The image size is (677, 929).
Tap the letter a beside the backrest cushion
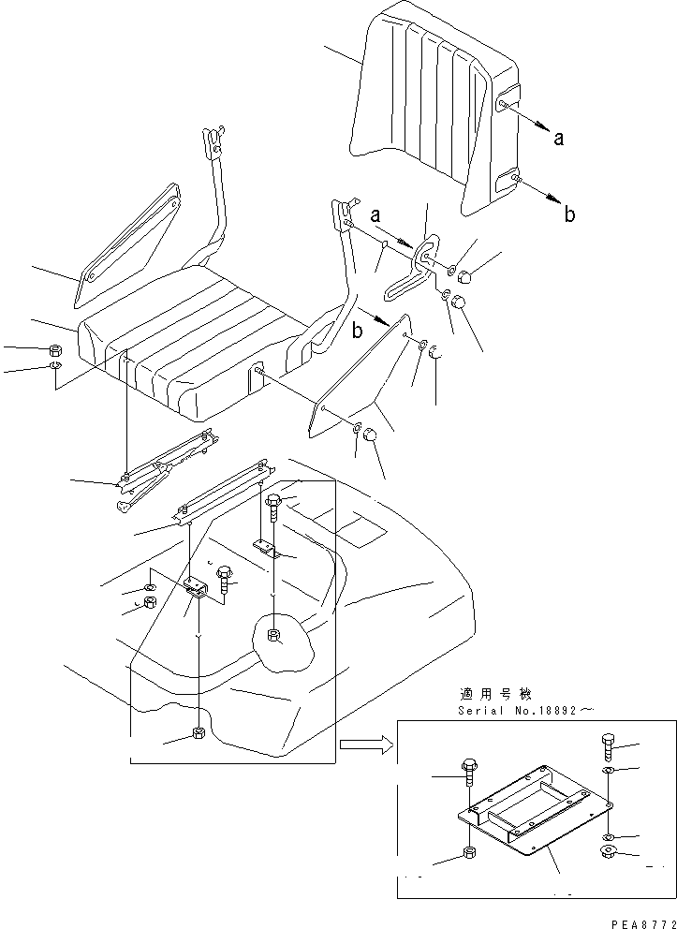(559, 139)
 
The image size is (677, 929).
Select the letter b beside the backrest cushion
(569, 214)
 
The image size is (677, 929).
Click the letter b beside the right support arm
(357, 331)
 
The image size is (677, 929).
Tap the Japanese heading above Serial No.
(495, 694)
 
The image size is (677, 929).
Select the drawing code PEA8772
(633, 921)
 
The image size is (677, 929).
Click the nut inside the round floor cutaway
(272, 636)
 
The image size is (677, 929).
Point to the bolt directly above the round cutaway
(272, 506)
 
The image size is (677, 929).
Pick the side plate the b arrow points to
(361, 375)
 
